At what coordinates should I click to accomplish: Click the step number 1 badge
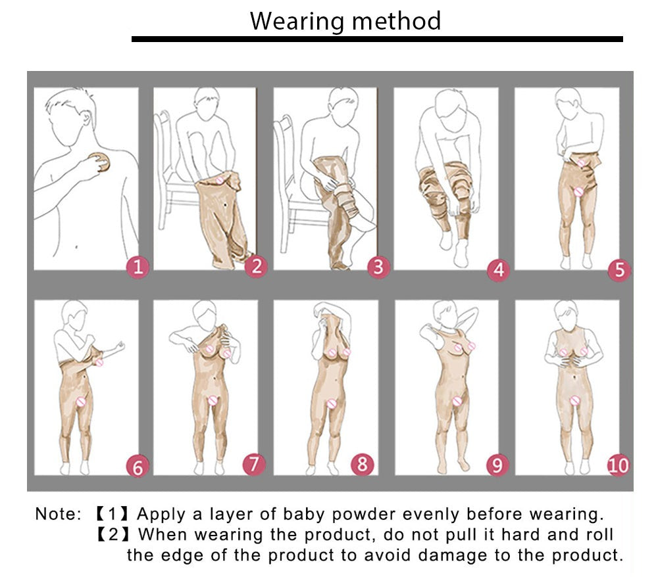click(x=138, y=267)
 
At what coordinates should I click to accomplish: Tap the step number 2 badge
click(x=257, y=266)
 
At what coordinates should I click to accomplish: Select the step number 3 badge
click(x=378, y=267)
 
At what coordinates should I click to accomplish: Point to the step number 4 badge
click(x=499, y=270)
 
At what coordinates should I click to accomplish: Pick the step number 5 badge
click(x=619, y=270)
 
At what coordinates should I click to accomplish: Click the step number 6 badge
click(x=138, y=467)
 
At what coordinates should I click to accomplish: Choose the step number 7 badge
click(x=254, y=464)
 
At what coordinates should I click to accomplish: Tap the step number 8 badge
click(x=362, y=464)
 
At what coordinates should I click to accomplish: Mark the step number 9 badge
click(x=497, y=465)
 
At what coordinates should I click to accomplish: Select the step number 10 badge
click(x=619, y=465)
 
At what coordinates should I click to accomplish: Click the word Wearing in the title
click(x=297, y=22)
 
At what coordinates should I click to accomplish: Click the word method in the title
click(x=397, y=20)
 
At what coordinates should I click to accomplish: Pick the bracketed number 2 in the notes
click(x=113, y=535)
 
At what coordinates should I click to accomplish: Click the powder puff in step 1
click(x=100, y=162)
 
